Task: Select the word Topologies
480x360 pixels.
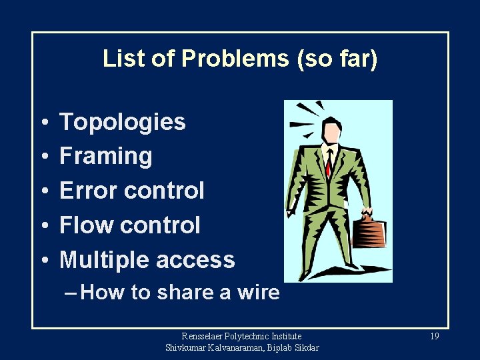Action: [123, 122]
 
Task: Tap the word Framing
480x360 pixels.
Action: [106, 157]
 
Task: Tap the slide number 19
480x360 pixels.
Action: [434, 337]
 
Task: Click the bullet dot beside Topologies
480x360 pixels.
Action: [42, 123]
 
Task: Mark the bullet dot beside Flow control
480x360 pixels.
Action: [42, 226]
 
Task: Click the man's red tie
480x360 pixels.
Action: [329, 163]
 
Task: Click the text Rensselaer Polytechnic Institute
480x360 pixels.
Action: [242, 337]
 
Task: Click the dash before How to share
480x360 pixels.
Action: [71, 293]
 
